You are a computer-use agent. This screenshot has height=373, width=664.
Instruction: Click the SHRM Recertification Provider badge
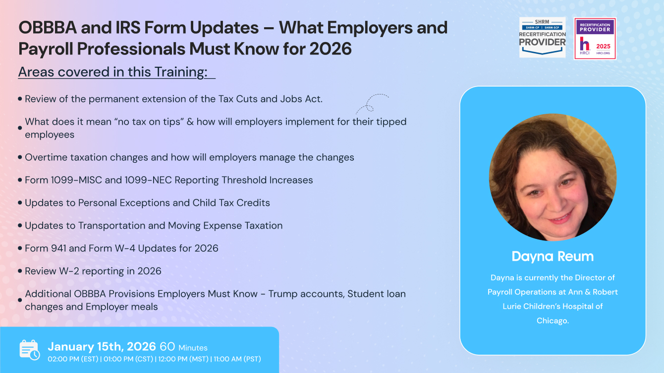tap(542, 37)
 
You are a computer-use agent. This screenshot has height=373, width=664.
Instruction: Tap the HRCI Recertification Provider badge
tap(595, 39)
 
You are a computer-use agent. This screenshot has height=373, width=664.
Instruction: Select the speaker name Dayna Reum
tap(553, 256)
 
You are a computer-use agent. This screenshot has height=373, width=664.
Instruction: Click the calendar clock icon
tap(29, 350)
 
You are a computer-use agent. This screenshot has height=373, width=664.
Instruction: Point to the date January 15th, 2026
tap(102, 346)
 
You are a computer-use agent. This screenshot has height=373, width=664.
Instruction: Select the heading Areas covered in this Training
tap(112, 72)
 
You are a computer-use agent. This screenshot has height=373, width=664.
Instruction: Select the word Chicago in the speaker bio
tap(553, 321)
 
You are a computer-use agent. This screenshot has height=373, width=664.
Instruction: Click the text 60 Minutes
tap(183, 347)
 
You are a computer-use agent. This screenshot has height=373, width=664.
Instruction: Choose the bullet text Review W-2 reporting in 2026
tap(93, 271)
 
